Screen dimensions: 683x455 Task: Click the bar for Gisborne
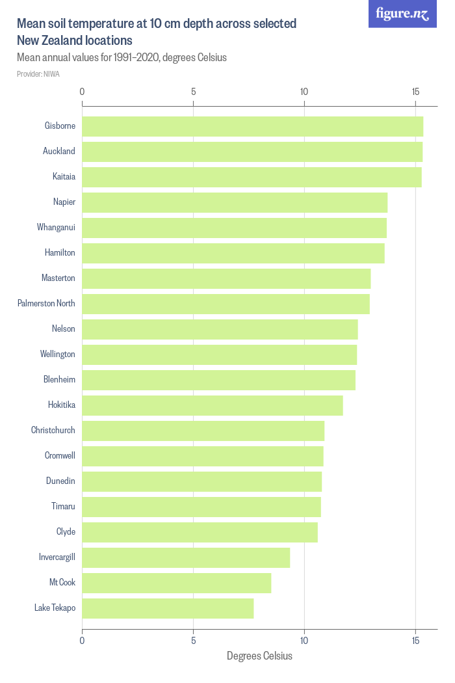pos(252,126)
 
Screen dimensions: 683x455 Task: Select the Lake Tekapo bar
pos(168,608)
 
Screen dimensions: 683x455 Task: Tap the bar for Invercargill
pos(186,557)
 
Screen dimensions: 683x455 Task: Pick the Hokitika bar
pos(213,405)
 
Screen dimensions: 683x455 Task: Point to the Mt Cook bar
pos(177,583)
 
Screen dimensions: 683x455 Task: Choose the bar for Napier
pos(235,202)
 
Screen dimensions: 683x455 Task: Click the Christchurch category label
pos(53,431)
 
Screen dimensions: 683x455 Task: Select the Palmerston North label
pos(46,304)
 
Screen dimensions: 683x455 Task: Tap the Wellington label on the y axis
pos(58,355)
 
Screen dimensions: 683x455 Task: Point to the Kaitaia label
pos(64,177)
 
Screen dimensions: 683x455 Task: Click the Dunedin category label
pos(60,481)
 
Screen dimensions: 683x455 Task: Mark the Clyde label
pos(66,532)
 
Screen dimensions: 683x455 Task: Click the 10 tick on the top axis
pos(304,92)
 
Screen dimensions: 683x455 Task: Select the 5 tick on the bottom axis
pos(193,641)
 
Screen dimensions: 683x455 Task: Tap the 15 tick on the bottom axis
pos(415,641)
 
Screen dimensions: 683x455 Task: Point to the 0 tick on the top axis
pos(82,92)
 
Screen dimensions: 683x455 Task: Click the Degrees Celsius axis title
pos(259,656)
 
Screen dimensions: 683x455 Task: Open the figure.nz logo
pos(402,14)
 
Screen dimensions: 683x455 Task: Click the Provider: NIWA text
pos(38,74)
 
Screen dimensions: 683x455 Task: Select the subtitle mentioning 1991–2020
pos(122,57)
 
